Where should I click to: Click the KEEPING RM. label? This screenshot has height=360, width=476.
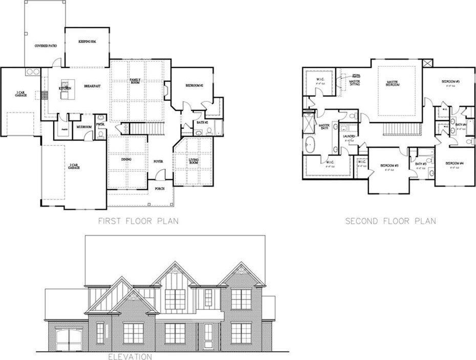pyautogui.click(x=88, y=41)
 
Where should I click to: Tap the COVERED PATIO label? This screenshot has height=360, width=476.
pyautogui.click(x=46, y=46)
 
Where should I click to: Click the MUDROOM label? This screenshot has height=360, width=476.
pyautogui.click(x=84, y=126)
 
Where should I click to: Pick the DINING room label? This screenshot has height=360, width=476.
pyautogui.click(x=127, y=160)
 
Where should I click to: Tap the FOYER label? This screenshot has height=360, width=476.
pyautogui.click(x=158, y=161)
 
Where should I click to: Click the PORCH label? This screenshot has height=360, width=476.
pyautogui.click(x=160, y=189)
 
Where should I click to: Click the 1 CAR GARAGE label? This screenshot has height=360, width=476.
pyautogui.click(x=20, y=94)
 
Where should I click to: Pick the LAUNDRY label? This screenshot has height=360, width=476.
pyautogui.click(x=350, y=137)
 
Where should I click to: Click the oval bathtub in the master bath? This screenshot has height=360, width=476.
pyautogui.click(x=310, y=145)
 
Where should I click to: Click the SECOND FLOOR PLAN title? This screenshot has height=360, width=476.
pyautogui.click(x=391, y=221)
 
